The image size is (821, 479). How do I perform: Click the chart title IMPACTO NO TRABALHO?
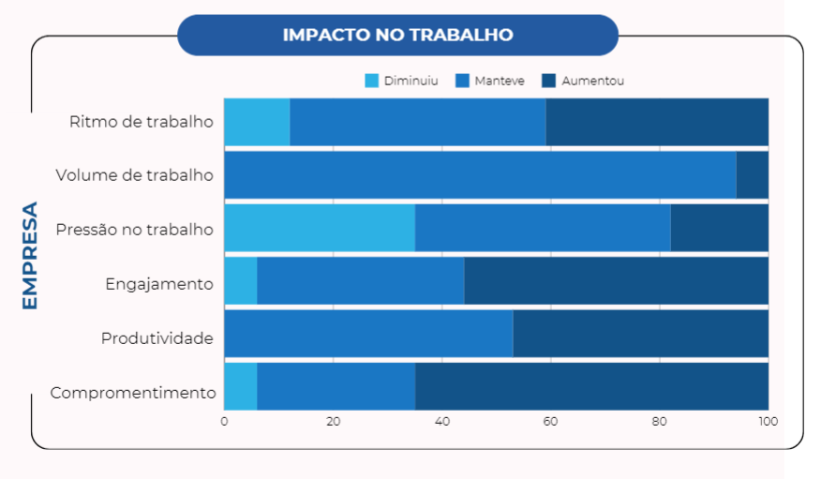398,35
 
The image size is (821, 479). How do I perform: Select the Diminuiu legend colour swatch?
372,81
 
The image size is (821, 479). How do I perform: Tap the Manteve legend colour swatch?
462,81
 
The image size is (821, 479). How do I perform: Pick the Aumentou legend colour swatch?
548,81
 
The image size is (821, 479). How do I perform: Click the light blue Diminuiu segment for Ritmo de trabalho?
257,122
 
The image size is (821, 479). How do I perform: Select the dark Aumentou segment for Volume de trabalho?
753,175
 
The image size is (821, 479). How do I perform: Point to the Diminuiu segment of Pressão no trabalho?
320,228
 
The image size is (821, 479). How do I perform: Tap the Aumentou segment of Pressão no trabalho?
720,228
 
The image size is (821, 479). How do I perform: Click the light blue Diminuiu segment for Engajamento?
241,281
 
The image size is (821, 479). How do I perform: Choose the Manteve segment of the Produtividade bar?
368,334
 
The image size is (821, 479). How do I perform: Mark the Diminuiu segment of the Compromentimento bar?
241,387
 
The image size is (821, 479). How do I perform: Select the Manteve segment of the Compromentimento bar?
336,387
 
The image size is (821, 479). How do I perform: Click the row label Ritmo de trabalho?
142,122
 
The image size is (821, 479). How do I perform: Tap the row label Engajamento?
159,284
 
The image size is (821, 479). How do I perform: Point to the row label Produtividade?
157,338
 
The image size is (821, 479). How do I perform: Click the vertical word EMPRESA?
30,256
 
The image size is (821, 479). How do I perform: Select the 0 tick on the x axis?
224,422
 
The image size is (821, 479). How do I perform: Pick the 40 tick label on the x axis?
442,422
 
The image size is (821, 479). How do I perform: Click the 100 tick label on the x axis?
769,422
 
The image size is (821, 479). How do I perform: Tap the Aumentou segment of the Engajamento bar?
617,281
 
